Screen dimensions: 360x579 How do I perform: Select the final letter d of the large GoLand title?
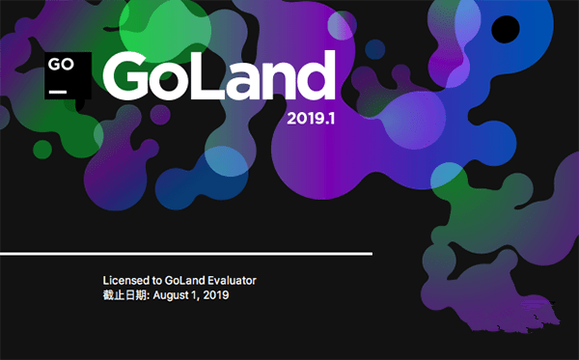(317, 75)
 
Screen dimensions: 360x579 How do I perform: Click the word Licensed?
(126, 280)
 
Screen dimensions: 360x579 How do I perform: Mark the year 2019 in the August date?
(217, 296)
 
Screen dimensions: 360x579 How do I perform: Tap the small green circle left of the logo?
(41, 149)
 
